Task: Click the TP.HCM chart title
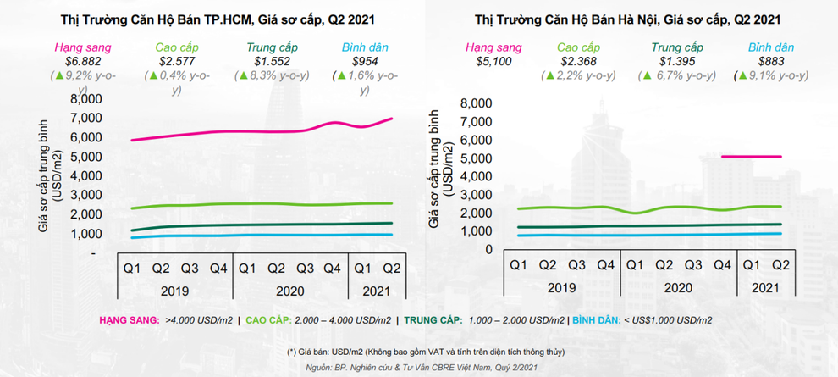(218, 17)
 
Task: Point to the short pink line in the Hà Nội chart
(752, 156)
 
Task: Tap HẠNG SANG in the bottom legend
(129, 319)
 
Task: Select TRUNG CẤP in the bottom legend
(433, 319)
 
